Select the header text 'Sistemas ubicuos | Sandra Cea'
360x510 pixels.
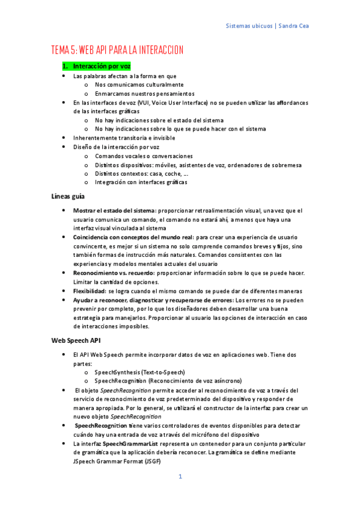tap(268, 26)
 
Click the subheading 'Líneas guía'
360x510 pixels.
tap(68, 196)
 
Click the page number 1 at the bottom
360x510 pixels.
tap(180, 477)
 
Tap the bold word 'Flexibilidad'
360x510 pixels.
tap(90, 290)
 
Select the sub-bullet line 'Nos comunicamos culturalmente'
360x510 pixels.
tap(139, 85)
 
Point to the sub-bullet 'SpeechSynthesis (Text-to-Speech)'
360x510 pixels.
tap(139, 372)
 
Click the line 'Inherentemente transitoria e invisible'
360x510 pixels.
tap(124, 138)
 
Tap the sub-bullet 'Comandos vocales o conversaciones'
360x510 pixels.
tap(144, 156)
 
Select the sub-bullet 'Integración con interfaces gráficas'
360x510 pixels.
tap(141, 182)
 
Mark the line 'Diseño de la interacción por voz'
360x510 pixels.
tap(116, 147)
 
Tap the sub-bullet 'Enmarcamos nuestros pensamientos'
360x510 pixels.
tap(144, 94)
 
